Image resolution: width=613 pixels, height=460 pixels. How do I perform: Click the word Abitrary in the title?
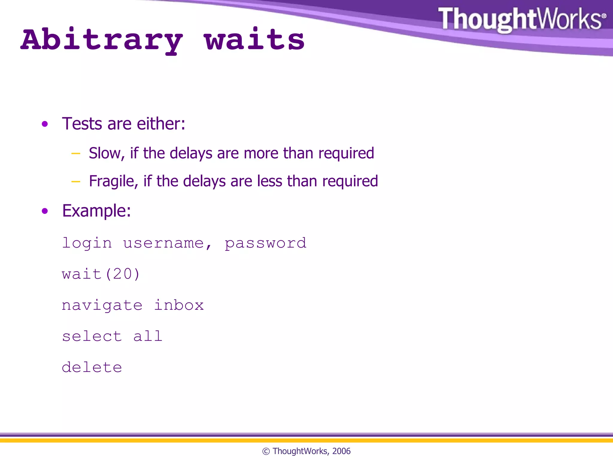coord(102,40)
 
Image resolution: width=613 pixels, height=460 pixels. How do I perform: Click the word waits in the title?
coord(254,40)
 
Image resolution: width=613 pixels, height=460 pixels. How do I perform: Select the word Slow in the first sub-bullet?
coord(104,153)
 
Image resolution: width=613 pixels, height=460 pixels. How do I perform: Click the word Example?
coord(96,211)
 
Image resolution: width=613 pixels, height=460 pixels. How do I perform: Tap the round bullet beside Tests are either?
coord(45,124)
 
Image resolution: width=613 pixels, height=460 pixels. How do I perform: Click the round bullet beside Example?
coord(45,211)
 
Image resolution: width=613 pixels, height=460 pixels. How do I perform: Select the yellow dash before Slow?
coord(76,154)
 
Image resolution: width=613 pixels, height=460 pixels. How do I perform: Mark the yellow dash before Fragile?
coord(76,181)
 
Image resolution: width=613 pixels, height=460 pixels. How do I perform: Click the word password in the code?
coord(265,243)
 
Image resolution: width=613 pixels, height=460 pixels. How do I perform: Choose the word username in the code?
coord(163,243)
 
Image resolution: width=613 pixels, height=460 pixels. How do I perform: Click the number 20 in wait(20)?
coord(122,274)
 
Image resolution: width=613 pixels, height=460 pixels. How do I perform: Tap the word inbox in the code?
coord(179,305)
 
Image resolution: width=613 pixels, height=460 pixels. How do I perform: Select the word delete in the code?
coord(92,367)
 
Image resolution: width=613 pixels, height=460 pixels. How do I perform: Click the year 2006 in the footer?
coord(341,451)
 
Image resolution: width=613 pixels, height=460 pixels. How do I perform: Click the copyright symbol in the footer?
coord(266,451)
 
